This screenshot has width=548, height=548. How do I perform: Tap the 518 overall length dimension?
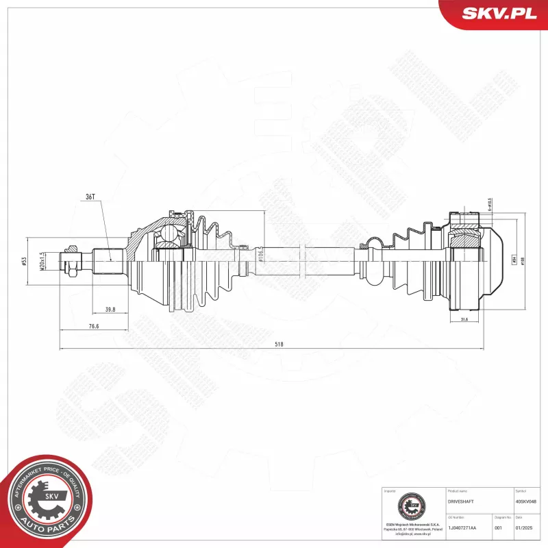pyautogui.click(x=279, y=345)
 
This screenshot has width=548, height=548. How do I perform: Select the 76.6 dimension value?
pyautogui.click(x=93, y=327)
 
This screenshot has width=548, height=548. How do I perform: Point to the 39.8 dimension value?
pyautogui.click(x=110, y=310)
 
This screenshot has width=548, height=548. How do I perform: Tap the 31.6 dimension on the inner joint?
pyautogui.click(x=464, y=319)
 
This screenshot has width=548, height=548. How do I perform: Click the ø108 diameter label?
pyautogui.click(x=523, y=261)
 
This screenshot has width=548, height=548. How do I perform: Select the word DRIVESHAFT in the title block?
pyautogui.click(x=460, y=502)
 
